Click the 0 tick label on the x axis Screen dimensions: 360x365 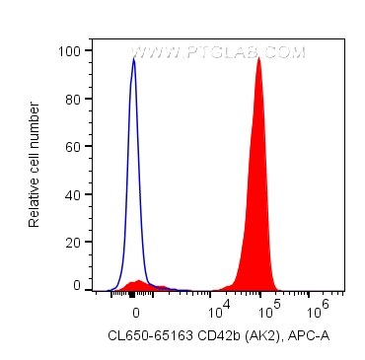tap(134, 309)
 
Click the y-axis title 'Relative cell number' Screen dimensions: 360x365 tap(35, 168)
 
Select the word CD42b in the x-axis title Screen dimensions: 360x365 tap(216, 337)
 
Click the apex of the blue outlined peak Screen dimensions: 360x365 tap(134, 58)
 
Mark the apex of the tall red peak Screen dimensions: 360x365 tap(258, 57)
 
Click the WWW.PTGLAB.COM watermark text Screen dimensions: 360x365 tap(218, 53)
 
